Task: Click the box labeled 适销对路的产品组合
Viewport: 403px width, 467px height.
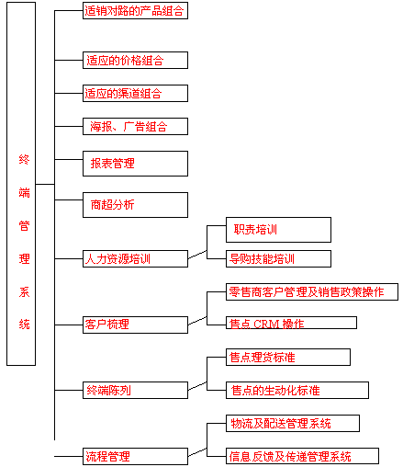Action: coord(135,11)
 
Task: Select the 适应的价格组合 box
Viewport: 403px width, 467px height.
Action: coord(135,60)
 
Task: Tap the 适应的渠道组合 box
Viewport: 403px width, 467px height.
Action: coord(135,93)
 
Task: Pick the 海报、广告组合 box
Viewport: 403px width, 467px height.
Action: coord(135,126)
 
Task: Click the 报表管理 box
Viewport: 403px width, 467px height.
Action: coord(135,164)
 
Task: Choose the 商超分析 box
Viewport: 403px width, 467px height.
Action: coord(135,205)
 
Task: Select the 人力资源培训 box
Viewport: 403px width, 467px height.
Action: coord(135,258)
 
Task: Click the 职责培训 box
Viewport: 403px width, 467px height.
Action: coord(278,230)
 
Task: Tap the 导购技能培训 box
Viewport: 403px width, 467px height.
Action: coord(278,258)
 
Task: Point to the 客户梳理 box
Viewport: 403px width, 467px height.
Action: coord(135,325)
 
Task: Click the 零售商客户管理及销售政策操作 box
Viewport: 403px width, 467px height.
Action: coord(312,291)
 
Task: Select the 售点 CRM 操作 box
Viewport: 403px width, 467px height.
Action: coord(291,323)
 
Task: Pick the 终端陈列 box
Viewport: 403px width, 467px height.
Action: coord(135,390)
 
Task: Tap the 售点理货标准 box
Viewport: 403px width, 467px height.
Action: coord(288,357)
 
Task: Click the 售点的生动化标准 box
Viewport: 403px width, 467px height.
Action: coord(297,390)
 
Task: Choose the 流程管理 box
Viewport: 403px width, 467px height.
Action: coord(135,456)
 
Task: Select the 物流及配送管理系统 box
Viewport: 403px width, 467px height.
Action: coord(293,423)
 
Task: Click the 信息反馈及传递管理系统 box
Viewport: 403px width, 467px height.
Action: coord(302,456)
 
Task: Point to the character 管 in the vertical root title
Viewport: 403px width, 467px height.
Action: coord(24,226)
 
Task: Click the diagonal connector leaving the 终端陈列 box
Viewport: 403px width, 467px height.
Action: coord(197,386)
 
